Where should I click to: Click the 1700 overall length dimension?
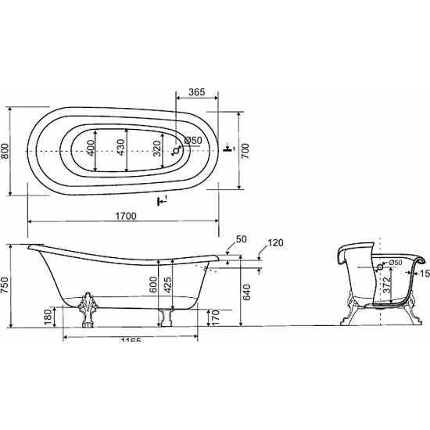tap(126, 216)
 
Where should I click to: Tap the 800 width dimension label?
tap(5, 152)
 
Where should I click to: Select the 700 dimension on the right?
tap(245, 151)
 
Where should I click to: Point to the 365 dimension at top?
tap(197, 92)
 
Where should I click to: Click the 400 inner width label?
tap(91, 148)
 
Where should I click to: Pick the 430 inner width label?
tap(121, 148)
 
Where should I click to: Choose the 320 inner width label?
tap(157, 149)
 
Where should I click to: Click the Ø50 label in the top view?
tap(193, 141)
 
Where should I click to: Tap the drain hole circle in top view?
tap(176, 151)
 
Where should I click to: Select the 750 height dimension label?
tap(5, 285)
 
